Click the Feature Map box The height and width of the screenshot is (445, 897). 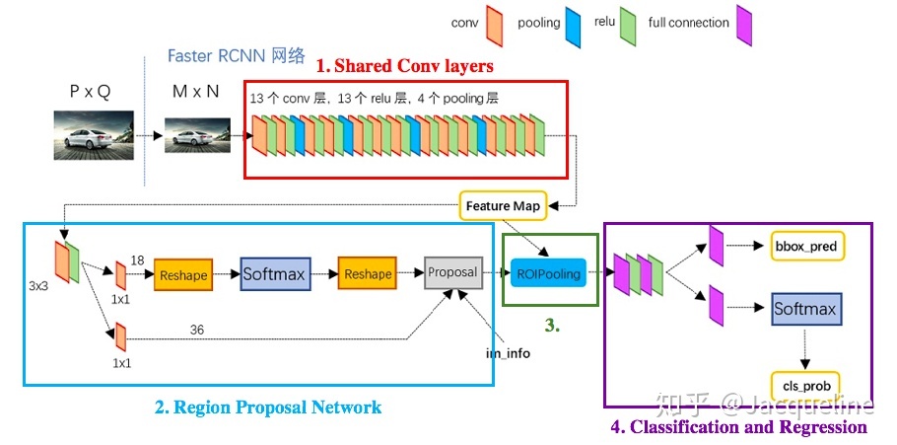coord(502,205)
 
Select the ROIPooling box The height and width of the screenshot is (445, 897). coord(547,272)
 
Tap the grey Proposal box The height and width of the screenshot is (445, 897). coord(453,272)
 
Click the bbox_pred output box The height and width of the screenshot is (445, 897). coord(808,246)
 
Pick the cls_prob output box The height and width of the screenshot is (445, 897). coord(804,384)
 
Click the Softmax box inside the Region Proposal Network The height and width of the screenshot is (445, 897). coord(274,274)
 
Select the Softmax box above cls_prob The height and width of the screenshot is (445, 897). coord(804,309)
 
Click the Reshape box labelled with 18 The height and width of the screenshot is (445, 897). coord(182,275)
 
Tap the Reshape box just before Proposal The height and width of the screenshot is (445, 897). coord(367,274)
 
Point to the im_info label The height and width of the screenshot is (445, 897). coord(507,352)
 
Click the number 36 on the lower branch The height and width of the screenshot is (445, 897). coord(197,330)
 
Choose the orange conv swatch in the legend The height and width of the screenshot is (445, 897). coord(495,24)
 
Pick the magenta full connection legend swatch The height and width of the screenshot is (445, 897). coord(744,24)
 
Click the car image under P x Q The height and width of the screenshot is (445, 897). coord(91,134)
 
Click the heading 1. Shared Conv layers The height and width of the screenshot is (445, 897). coord(405,66)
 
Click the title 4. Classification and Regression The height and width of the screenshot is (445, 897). coord(737,427)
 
